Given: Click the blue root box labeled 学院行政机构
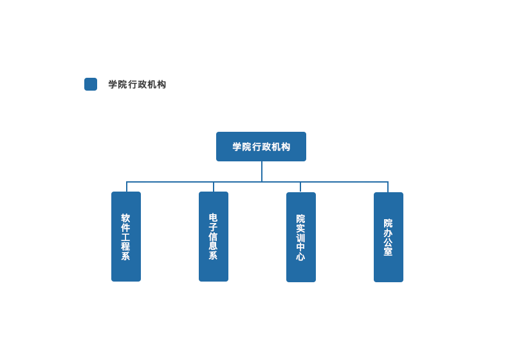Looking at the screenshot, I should pos(261,147).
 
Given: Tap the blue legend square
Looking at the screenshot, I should pos(91,84).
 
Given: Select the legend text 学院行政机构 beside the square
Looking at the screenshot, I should pos(137,84).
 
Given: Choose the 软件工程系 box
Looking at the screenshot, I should pos(126,237).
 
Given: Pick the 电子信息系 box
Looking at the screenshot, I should pos(214,237).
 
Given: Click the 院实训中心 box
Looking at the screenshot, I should pos(301,237).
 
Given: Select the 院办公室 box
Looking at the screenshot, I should pos(389,237).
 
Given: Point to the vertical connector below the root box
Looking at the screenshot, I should pos(262,171).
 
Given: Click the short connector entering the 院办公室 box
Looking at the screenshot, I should pos(388,187).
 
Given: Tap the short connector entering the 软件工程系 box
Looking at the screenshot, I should pos(127,186).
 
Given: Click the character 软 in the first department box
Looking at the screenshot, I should pos(126,218).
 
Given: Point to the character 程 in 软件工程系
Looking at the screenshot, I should pos(126,246).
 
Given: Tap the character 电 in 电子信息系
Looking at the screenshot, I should pos(214,218).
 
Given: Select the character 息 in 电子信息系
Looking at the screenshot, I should pos(214,246).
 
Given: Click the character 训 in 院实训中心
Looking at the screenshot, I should pos(301,238).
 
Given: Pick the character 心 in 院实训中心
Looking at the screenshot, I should pos(301,256).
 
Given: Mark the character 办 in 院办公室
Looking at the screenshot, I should pos(389,233).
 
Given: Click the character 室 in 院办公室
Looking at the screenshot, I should pos(389,251).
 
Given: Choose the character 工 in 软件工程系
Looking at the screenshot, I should pos(126,237).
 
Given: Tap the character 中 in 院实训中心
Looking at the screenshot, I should pos(301,248).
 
